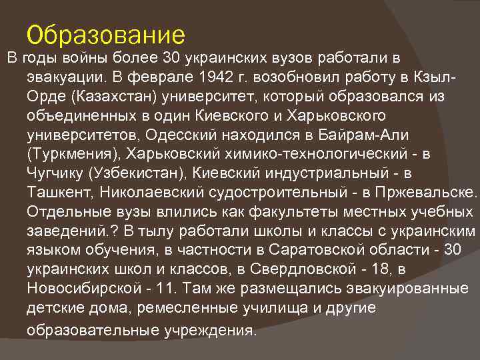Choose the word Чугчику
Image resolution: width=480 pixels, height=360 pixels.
pos(55,173)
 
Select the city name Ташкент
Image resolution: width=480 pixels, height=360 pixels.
pos(59,193)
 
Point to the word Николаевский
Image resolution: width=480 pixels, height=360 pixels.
pos(157,193)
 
